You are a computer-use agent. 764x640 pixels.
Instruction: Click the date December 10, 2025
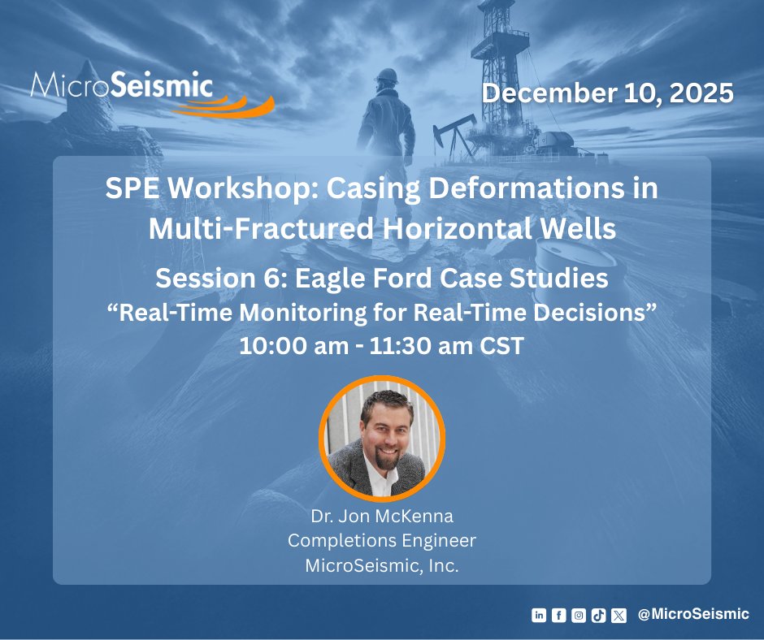click(607, 93)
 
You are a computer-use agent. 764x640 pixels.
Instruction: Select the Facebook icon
click(558, 615)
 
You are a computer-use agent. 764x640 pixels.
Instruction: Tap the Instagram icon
click(578, 615)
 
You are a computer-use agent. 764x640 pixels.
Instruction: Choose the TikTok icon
click(598, 615)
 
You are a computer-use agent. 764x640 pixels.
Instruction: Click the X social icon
click(619, 615)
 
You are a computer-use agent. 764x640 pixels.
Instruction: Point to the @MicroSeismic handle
click(693, 614)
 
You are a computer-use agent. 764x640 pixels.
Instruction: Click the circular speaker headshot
click(382, 439)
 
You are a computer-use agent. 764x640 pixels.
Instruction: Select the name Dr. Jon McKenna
click(382, 516)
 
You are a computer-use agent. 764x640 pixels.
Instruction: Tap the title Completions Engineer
click(382, 540)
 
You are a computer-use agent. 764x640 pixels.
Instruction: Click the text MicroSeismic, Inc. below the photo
click(382, 565)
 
